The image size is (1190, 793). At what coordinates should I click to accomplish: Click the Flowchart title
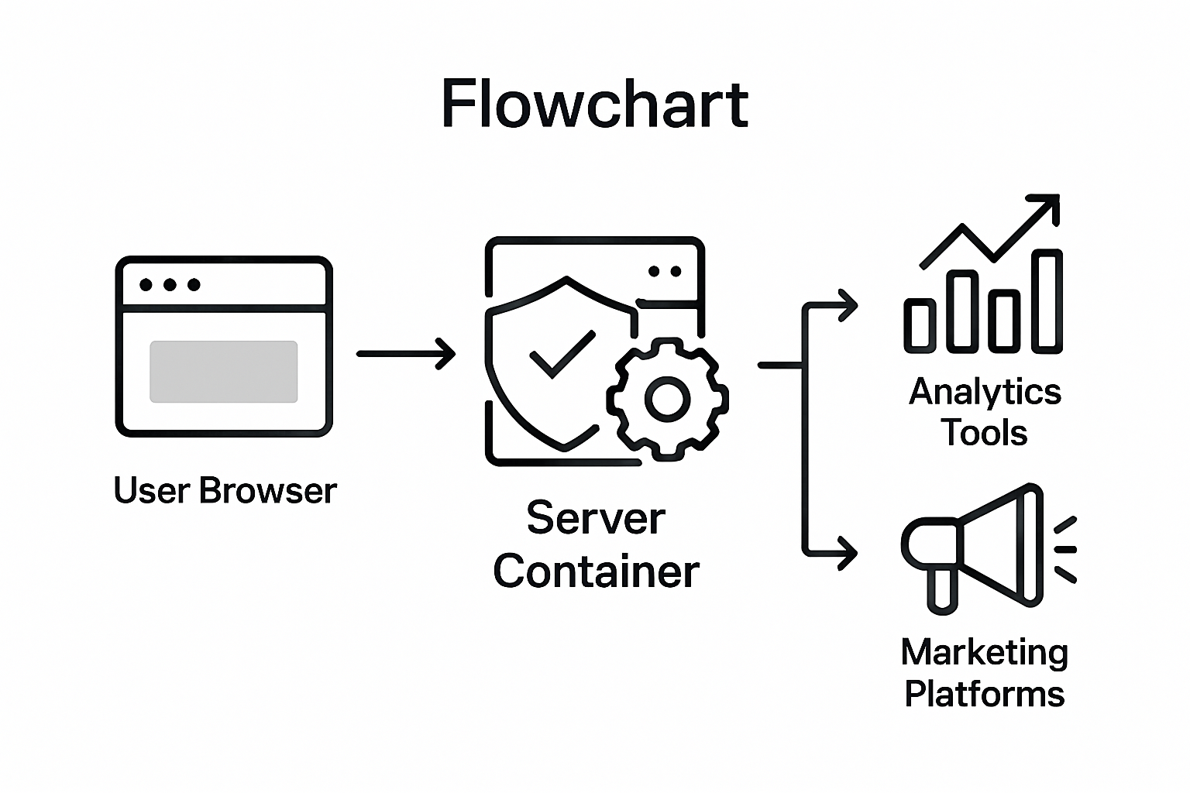tap(594, 104)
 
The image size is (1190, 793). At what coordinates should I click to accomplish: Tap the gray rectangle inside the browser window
tap(224, 372)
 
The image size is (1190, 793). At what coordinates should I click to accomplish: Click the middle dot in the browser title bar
tap(170, 285)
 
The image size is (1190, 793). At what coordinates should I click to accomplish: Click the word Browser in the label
tap(267, 491)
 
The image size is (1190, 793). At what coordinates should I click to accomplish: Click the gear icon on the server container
tap(667, 400)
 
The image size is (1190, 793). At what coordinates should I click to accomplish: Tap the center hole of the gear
tap(667, 400)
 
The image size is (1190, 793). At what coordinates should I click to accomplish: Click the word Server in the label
tap(596, 518)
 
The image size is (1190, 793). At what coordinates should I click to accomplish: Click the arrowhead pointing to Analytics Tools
tap(849, 305)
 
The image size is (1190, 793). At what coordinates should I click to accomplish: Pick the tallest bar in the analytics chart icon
tap(1047, 301)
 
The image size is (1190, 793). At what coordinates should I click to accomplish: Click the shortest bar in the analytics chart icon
tap(920, 326)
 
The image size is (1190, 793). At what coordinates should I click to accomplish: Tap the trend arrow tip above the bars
tap(1052, 202)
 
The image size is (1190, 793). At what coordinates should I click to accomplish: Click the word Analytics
tap(985, 392)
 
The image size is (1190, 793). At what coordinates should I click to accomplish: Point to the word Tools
tap(985, 433)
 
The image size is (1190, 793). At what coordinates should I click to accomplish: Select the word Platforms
tap(985, 694)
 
